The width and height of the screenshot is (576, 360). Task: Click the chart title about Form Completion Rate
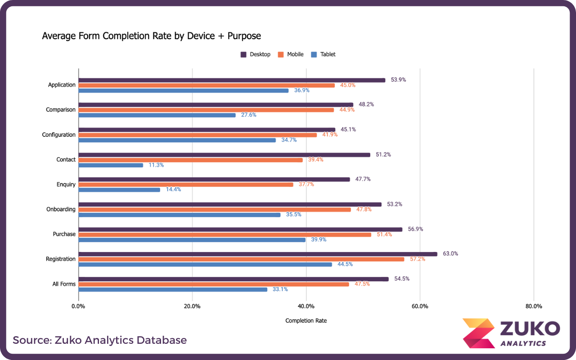151,36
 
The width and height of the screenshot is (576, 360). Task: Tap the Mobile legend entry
291,54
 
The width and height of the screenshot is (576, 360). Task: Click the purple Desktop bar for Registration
258,254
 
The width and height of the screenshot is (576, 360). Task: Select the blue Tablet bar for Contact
111,165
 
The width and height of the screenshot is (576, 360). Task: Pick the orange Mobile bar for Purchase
225,234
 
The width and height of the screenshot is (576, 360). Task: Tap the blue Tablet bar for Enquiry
119,190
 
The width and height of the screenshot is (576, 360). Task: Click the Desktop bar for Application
232,80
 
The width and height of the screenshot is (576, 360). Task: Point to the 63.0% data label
450,253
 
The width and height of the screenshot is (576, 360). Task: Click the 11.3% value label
156,165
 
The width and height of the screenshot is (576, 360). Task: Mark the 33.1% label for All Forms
280,289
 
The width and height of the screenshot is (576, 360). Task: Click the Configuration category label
58,135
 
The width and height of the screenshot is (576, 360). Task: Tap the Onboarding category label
61,209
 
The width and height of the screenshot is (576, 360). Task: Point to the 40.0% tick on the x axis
306,306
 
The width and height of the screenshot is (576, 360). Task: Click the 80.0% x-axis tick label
534,306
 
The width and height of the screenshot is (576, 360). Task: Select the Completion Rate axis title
306,321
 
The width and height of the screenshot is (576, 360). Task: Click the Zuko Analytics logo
511,333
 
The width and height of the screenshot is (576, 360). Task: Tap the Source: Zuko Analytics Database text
99,340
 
